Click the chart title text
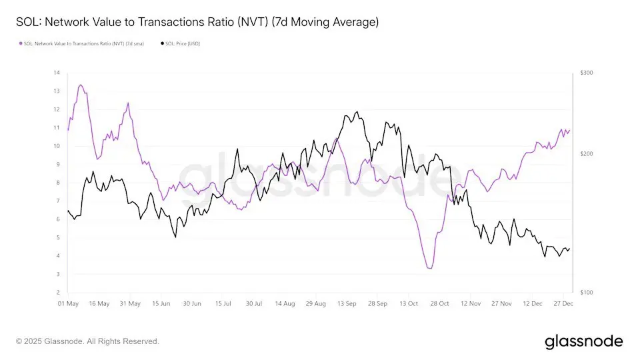pos(197,22)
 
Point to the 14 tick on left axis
pos(57,73)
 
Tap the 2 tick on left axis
pos(58,293)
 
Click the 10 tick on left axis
pos(57,146)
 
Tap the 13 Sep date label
pos(347,303)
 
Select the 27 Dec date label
pos(564,303)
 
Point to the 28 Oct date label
pos(440,303)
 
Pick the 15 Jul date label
pos(223,303)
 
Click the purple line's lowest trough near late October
pos(430,268)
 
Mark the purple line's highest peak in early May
pos(81,85)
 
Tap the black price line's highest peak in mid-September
pos(357,112)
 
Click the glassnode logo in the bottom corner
pos(583,341)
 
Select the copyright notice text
pos(87,341)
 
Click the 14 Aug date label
pos(285,303)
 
